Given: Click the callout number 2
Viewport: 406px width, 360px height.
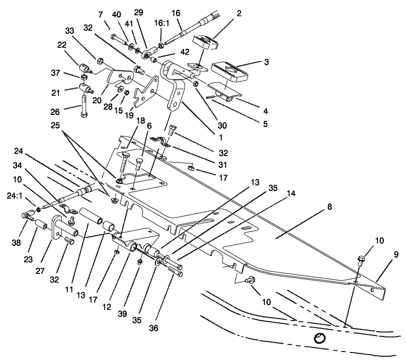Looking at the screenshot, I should (239, 13).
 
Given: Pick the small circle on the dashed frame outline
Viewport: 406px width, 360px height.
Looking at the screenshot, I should (319, 337).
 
